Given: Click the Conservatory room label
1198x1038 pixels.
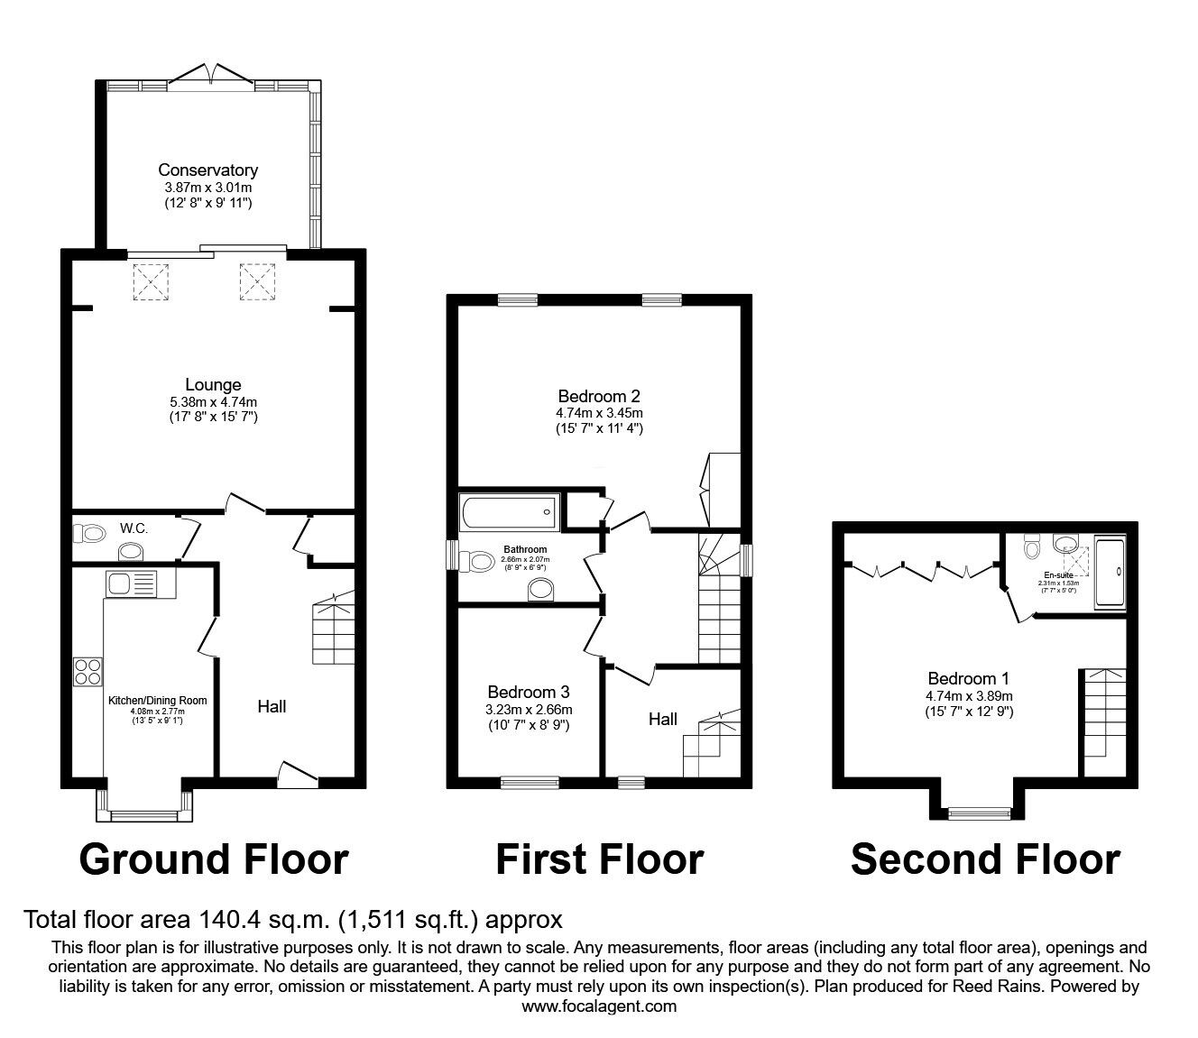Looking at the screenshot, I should tap(207, 170).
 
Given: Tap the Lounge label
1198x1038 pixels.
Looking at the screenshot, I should tap(214, 385).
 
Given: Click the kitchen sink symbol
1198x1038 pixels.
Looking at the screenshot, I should tap(131, 583).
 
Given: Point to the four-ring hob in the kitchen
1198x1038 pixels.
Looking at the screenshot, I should tap(88, 673).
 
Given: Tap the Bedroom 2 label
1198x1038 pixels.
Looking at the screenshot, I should tap(599, 395).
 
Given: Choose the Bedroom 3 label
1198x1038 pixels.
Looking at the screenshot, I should tap(528, 692).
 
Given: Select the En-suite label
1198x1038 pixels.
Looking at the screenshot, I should tap(1059, 574).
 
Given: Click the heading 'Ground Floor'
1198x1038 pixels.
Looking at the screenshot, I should tap(214, 859).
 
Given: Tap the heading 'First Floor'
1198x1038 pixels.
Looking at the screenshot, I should tap(599, 859).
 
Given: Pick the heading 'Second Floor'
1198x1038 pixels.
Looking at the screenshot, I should tap(985, 859).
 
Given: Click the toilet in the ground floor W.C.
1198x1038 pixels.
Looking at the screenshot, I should tap(90, 535).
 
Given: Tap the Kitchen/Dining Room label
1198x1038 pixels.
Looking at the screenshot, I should tap(158, 701).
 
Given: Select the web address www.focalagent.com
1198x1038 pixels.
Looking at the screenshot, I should tap(599, 1006).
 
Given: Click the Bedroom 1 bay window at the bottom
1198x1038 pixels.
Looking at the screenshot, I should tap(978, 813).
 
